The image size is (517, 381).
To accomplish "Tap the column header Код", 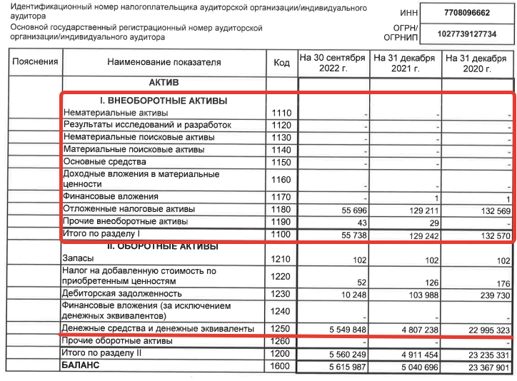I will tap(281, 63).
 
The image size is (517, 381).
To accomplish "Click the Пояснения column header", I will tap(35, 62).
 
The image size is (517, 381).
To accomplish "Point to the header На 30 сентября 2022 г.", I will tap(333, 63).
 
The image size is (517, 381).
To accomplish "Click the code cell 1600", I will tap(281, 366).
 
